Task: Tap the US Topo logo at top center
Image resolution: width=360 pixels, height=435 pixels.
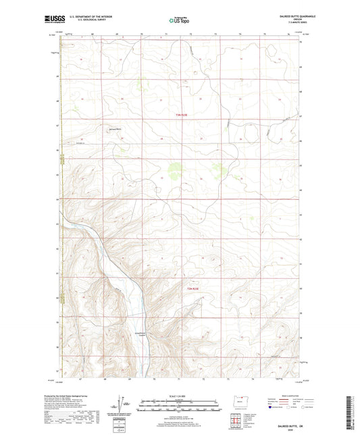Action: [179, 21]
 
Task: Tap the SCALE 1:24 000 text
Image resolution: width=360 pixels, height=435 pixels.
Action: [180, 396]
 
